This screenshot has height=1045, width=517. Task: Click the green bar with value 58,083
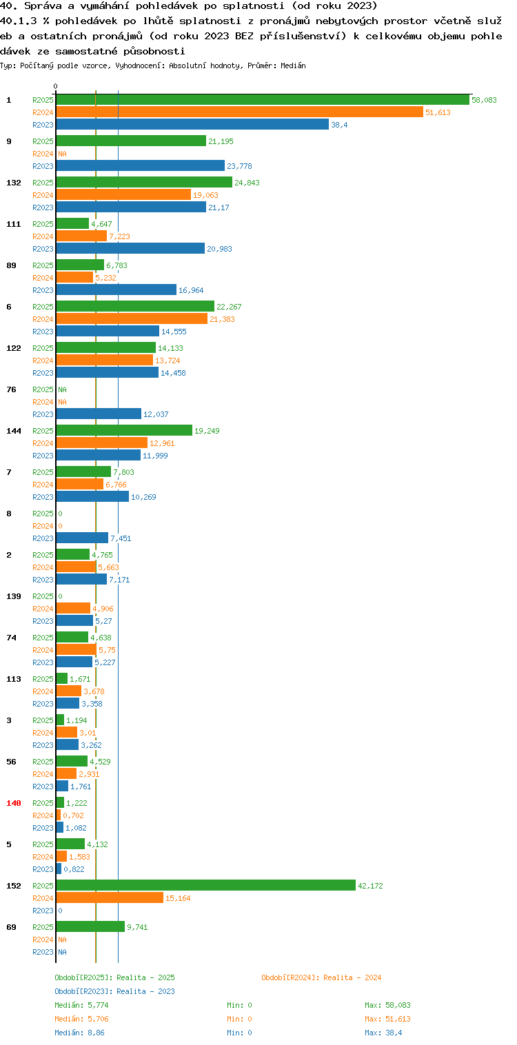263,100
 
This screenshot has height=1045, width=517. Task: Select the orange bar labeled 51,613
240,112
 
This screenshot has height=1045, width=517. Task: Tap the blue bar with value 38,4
193,125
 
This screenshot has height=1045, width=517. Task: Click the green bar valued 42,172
206,886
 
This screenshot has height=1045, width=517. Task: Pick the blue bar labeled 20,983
131,249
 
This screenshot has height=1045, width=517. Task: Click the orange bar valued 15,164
110,898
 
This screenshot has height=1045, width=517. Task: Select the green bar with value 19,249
125,431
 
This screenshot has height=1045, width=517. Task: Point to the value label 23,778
239,166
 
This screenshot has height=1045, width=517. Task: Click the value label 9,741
137,927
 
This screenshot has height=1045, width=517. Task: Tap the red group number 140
14,803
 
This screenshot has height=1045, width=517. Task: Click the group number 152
14,886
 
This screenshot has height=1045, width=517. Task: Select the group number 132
14,183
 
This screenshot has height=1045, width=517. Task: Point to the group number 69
11,927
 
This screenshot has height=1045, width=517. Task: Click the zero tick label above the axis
56,86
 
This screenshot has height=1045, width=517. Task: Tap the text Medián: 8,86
79,1033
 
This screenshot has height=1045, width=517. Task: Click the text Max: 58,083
387,1005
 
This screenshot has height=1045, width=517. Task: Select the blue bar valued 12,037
99,414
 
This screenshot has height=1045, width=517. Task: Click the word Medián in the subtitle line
293,65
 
